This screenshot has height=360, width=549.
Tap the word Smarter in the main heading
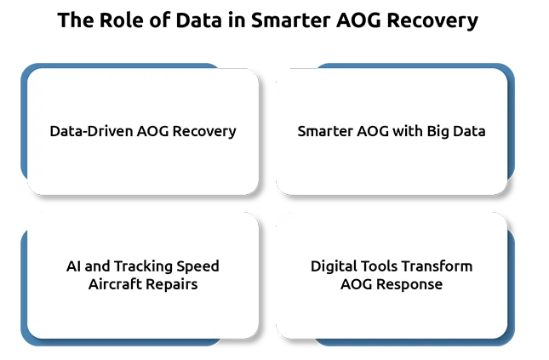click(290, 20)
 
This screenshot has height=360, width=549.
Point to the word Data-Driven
click(91, 131)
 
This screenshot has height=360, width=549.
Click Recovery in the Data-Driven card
click(204, 132)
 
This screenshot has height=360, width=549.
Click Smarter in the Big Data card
click(325, 131)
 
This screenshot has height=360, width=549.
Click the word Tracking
click(143, 267)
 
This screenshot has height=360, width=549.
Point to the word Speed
click(197, 267)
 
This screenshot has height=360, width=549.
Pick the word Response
click(409, 285)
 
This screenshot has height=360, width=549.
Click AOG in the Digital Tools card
click(357, 284)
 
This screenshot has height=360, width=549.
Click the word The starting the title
click(76, 20)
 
